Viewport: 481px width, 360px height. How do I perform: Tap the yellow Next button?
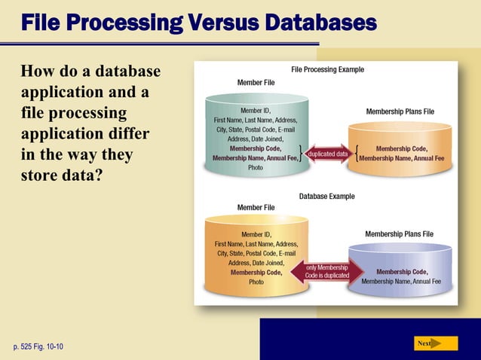tap(435, 343)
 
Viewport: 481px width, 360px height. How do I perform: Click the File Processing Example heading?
tap(327, 69)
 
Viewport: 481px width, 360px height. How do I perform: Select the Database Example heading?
tap(327, 196)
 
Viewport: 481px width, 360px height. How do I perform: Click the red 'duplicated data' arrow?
tap(327, 154)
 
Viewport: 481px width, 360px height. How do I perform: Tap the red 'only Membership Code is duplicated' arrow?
tap(327, 272)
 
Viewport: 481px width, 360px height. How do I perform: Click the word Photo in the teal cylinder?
tap(256, 169)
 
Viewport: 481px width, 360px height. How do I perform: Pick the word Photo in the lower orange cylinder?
tap(256, 282)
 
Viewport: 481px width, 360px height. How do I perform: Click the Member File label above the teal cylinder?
tap(256, 81)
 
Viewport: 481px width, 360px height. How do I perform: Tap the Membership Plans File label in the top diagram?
tap(400, 111)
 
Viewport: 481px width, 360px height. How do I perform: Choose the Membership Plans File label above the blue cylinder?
tap(400, 234)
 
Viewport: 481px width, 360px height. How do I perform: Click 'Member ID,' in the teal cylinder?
tap(256, 110)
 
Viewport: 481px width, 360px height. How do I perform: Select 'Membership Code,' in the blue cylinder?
tap(402, 271)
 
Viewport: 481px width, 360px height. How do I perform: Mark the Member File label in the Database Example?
tap(256, 207)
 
